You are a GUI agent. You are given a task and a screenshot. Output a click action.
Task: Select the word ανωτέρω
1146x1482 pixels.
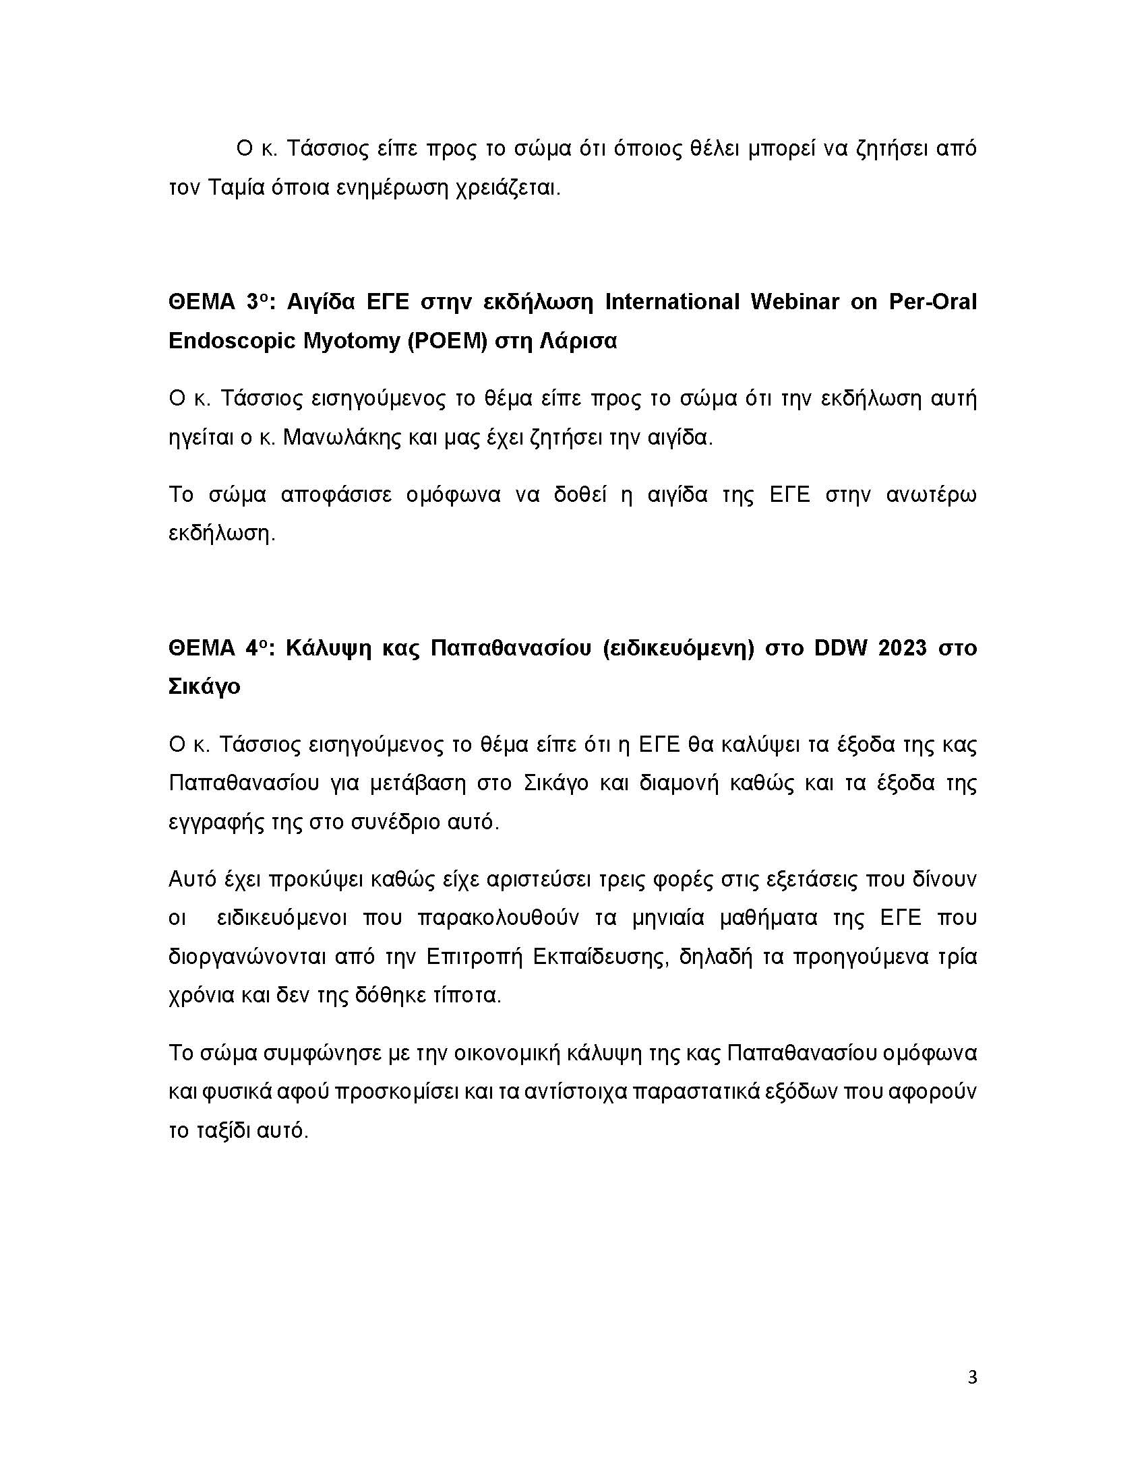pos(932,494)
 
